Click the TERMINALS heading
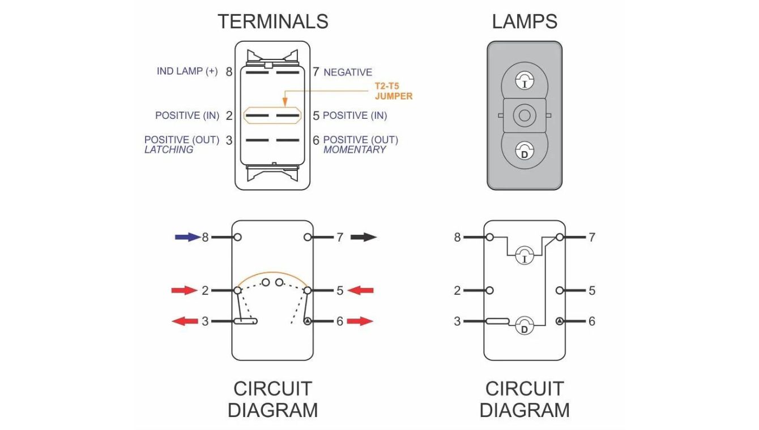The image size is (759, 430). (272, 21)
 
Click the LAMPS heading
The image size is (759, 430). (525, 21)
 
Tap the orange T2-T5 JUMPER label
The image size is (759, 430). (393, 91)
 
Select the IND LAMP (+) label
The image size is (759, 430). (187, 72)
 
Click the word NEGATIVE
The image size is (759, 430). (348, 72)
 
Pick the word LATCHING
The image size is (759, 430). (169, 150)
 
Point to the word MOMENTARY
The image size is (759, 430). (355, 150)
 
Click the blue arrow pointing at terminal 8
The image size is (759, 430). (187, 237)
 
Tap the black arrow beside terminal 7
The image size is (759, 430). (363, 238)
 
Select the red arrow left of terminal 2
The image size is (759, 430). (184, 291)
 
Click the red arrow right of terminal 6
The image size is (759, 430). (360, 321)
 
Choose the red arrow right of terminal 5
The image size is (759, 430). (360, 291)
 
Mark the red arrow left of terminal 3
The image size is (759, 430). (184, 321)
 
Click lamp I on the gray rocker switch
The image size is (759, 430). (525, 81)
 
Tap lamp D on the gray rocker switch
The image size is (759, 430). (525, 151)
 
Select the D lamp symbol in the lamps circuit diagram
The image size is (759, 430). (525, 326)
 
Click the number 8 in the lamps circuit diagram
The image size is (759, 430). (458, 238)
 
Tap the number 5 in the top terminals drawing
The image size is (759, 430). (316, 116)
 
